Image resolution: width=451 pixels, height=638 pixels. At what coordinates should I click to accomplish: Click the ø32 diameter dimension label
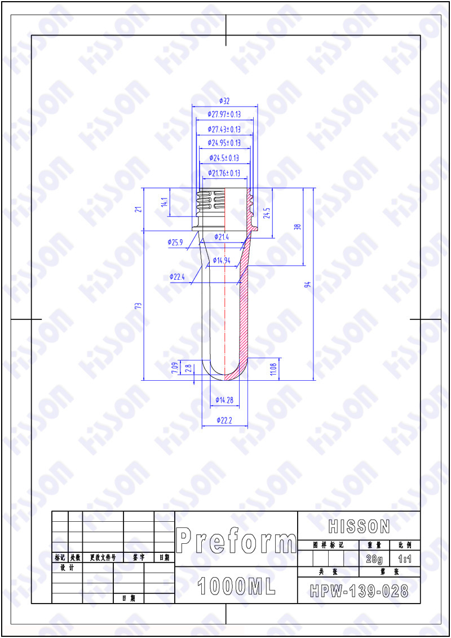coord(224,101)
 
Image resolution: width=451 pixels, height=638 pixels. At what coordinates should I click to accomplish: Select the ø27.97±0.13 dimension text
coord(224,114)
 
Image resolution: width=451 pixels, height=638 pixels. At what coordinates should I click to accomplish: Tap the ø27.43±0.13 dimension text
coord(224,129)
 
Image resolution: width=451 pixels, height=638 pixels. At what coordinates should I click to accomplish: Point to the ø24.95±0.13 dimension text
coord(224,143)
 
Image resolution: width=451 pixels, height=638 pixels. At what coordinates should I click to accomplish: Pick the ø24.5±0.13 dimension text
coord(224,158)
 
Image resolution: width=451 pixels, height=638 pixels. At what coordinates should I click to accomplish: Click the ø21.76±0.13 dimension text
coord(224,173)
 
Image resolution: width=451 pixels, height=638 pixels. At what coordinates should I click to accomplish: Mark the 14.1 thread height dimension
coord(164,203)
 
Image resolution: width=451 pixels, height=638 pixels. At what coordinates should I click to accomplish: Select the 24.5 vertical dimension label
coord(267,213)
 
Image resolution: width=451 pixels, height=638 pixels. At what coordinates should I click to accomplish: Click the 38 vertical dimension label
coord(298,227)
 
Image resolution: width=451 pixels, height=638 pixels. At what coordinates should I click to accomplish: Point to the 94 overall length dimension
coord(307,284)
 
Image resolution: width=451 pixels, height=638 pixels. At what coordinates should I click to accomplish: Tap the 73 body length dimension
coord(138,306)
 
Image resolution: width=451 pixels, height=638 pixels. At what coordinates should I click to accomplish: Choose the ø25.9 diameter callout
coord(175,242)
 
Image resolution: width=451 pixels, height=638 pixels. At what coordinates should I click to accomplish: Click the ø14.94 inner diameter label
coord(222,260)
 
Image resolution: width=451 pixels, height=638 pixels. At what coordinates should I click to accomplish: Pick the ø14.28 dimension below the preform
coord(224,400)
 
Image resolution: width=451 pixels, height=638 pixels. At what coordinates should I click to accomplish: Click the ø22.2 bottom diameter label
coord(224,420)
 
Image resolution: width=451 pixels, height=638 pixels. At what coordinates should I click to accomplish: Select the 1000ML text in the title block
coord(236,587)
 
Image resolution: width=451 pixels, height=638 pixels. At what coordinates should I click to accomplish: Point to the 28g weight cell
coord(374,559)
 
